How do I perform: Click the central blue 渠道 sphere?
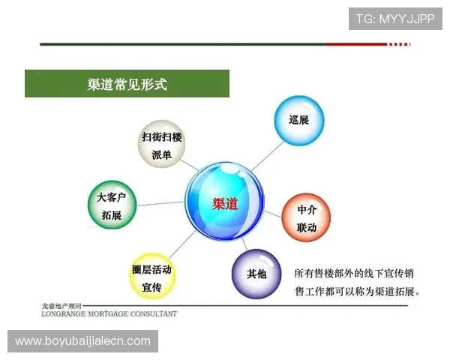224,202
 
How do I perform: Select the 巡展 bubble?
299,120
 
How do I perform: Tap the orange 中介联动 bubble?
307,218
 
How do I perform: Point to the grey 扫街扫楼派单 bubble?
162,145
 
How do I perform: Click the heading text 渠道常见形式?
127,83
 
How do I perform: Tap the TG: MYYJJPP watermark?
395,19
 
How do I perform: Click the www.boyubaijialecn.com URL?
83,341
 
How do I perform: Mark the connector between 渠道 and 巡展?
262,155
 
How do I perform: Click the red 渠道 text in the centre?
225,203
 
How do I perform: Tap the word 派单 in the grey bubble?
162,154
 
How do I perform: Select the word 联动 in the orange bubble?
307,227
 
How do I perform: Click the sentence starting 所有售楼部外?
357,282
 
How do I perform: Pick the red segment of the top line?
367,44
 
